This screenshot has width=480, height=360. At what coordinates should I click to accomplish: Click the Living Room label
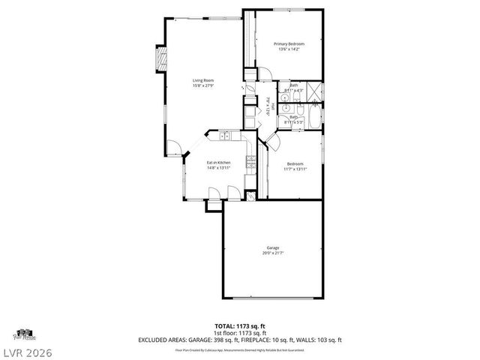(202, 80)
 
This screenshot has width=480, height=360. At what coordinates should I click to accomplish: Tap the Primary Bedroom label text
(289, 44)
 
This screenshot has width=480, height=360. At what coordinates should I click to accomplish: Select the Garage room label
(272, 247)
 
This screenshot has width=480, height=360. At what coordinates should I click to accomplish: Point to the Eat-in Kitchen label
(218, 162)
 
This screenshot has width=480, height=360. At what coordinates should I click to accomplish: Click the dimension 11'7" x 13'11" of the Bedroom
(295, 169)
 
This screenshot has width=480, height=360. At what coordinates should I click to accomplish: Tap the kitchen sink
(224, 136)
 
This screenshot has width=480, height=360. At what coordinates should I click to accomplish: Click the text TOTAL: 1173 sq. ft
(240, 325)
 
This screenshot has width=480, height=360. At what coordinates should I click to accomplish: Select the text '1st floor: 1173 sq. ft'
(240, 332)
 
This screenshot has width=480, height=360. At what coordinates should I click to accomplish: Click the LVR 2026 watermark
(28, 352)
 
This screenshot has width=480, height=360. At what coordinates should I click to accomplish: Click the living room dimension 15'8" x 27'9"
(202, 85)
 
